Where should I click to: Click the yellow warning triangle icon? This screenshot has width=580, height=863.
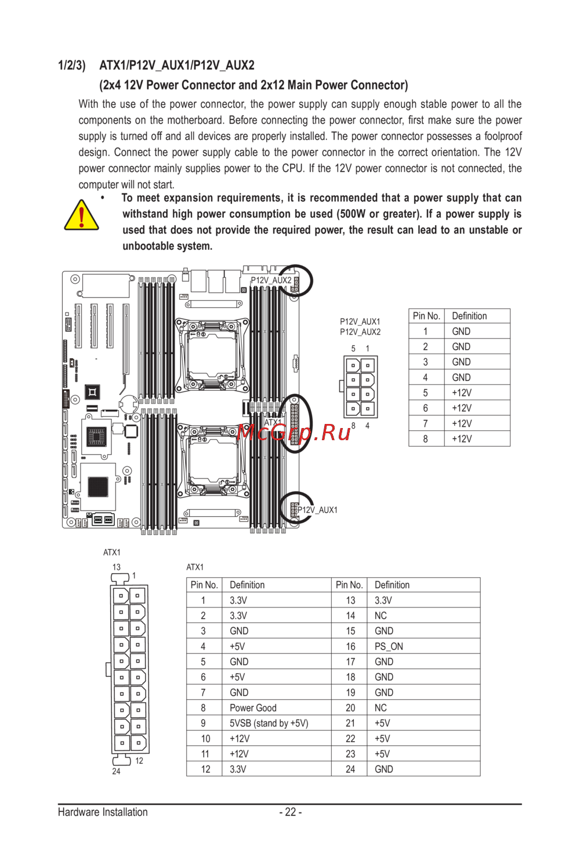(81, 216)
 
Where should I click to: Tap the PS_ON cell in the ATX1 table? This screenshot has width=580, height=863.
(389, 646)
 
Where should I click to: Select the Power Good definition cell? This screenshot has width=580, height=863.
(253, 708)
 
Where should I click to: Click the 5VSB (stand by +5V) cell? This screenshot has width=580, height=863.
(269, 723)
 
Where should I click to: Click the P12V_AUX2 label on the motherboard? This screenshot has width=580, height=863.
(271, 280)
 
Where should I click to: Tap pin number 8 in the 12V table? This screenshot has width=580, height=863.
(425, 439)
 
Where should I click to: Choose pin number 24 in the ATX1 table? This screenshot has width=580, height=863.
(350, 769)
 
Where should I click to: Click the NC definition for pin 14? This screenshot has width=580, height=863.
(380, 616)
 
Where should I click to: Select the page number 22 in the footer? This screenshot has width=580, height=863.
(291, 812)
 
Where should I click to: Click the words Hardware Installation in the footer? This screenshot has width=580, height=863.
(103, 812)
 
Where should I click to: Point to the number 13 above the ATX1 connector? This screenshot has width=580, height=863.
(117, 567)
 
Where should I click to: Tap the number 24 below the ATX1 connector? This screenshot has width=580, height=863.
(117, 771)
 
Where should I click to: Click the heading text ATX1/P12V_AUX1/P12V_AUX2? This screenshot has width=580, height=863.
(177, 65)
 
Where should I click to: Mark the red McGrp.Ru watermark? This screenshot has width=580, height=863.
(294, 432)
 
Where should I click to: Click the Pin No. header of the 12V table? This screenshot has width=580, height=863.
(426, 316)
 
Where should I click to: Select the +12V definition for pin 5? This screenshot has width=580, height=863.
(462, 393)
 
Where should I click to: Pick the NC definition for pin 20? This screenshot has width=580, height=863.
(380, 708)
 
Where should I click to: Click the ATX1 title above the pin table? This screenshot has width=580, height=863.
(195, 567)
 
